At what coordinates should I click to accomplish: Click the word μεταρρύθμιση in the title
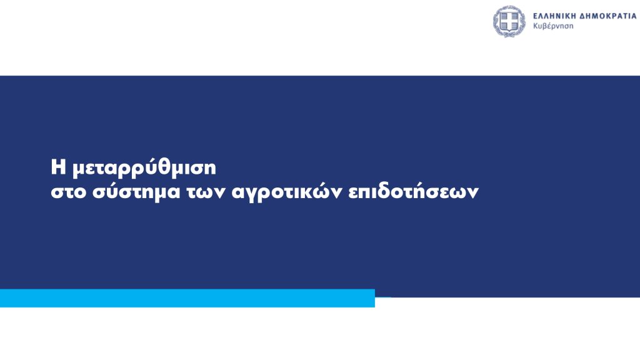coord(144,169)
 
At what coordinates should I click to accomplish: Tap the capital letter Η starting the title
coord(58,167)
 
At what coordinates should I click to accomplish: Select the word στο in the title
coord(68,192)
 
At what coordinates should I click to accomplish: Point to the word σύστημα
coord(136,192)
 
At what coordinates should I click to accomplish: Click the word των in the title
coord(206,192)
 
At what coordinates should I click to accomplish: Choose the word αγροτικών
coord(287,192)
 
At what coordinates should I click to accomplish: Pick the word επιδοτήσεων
coord(414,191)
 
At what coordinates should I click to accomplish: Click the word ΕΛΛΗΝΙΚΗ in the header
coord(556,16)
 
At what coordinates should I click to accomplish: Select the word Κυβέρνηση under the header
coord(553,26)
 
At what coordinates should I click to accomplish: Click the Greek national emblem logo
coord(509,21)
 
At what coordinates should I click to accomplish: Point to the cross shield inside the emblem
coord(509,21)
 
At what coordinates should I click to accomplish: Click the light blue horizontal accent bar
coord(187,298)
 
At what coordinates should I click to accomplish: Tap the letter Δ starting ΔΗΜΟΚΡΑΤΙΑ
coord(585,16)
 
